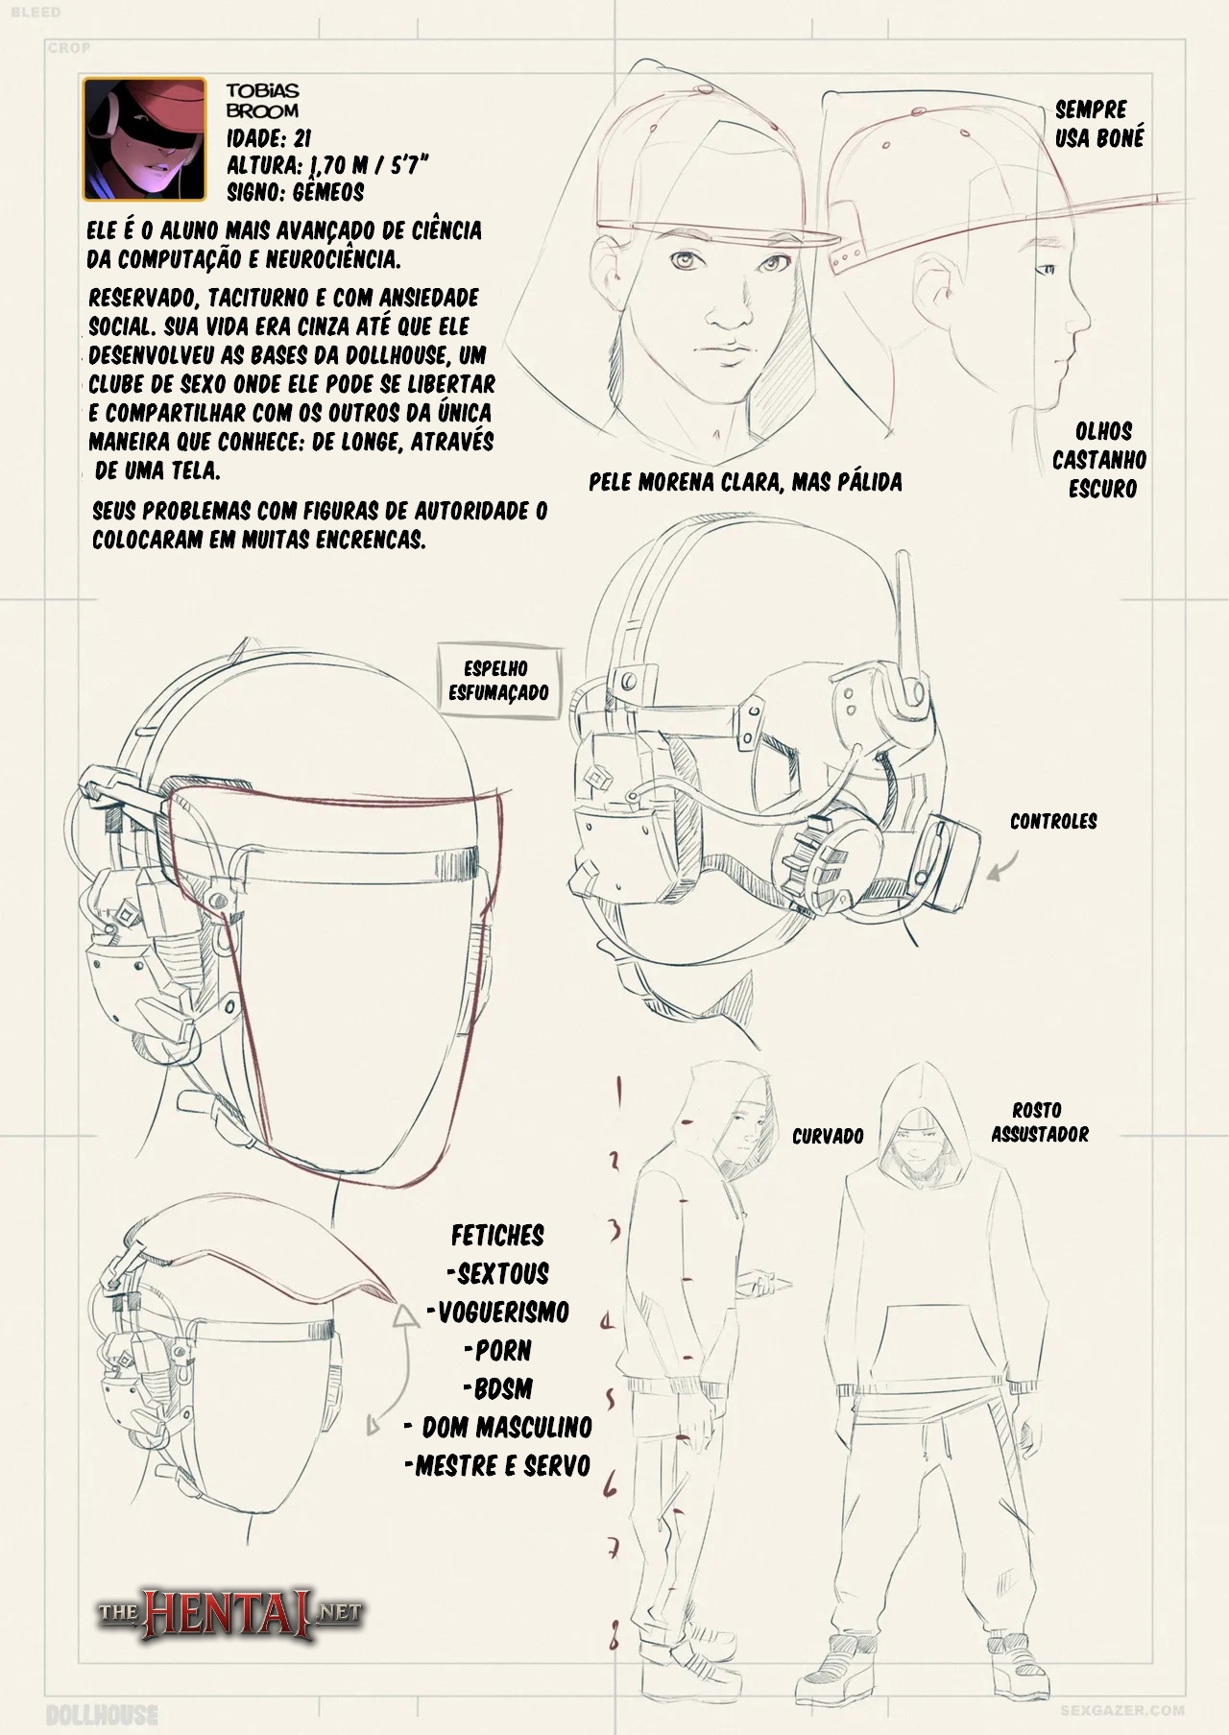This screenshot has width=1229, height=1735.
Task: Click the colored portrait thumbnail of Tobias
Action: [x=144, y=138]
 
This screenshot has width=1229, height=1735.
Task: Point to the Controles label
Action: [x=1052, y=821]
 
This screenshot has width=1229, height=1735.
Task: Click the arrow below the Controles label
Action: [x=1003, y=868]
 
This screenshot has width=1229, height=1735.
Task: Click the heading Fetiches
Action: [x=497, y=1235]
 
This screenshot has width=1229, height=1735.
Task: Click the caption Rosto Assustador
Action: [x=1039, y=1122]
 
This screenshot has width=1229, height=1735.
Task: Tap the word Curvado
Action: [x=828, y=1137]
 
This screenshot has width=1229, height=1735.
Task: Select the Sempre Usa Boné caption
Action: [x=1098, y=124]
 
